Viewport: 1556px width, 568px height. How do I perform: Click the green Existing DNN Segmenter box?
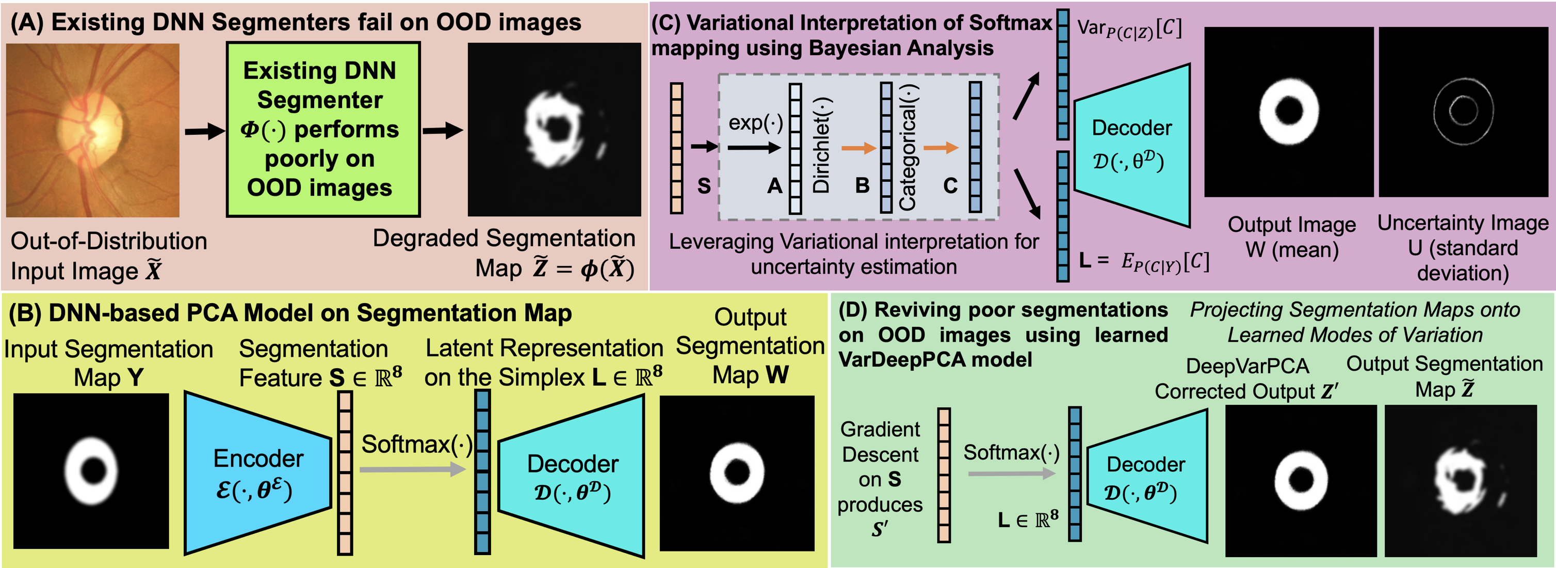pyautogui.click(x=322, y=129)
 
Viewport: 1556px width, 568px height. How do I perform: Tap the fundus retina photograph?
pyautogui.click(x=92, y=130)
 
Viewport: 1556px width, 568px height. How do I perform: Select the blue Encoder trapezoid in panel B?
pyautogui.click(x=257, y=473)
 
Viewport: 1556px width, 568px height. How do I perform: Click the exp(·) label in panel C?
pyautogui.click(x=755, y=123)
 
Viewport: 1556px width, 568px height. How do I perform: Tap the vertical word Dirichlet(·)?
pyautogui.click(x=821, y=145)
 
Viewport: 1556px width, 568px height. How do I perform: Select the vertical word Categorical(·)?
pyautogui.click(x=908, y=147)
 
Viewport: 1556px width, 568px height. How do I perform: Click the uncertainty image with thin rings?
pyautogui.click(x=1463, y=112)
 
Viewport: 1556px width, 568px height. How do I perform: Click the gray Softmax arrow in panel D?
pyautogui.click(x=1011, y=474)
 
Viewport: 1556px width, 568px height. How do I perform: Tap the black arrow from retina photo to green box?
pyautogui.click(x=204, y=131)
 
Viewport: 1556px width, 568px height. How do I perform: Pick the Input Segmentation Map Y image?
pyautogui.click(x=91, y=471)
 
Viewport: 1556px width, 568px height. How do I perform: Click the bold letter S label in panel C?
pyautogui.click(x=704, y=185)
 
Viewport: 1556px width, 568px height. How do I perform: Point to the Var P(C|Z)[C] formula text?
pyautogui.click(x=1128, y=28)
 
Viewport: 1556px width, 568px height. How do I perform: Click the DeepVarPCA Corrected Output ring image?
pyautogui.click(x=1301, y=480)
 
